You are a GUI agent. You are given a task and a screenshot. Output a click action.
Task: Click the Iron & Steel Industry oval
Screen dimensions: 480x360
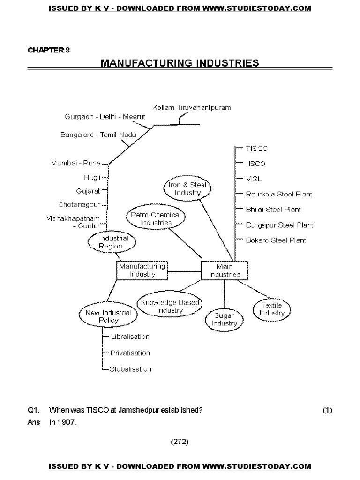pyautogui.click(x=187, y=188)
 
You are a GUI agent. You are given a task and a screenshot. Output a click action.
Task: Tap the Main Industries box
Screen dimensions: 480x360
pyautogui.click(x=225, y=270)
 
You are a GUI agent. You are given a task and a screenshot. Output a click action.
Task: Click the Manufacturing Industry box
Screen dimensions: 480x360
pyautogui.click(x=142, y=270)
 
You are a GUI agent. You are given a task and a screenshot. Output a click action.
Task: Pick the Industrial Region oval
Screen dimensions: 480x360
pyautogui.click(x=111, y=242)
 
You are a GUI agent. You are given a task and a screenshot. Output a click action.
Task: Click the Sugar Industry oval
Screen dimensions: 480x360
pyautogui.click(x=225, y=319)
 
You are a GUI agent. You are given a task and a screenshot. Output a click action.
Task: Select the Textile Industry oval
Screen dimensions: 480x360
pyautogui.click(x=272, y=309)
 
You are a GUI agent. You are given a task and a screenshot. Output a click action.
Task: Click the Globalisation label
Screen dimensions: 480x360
pyautogui.click(x=130, y=369)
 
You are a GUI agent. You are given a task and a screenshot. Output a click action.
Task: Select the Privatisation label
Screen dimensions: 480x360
pyautogui.click(x=130, y=352)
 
